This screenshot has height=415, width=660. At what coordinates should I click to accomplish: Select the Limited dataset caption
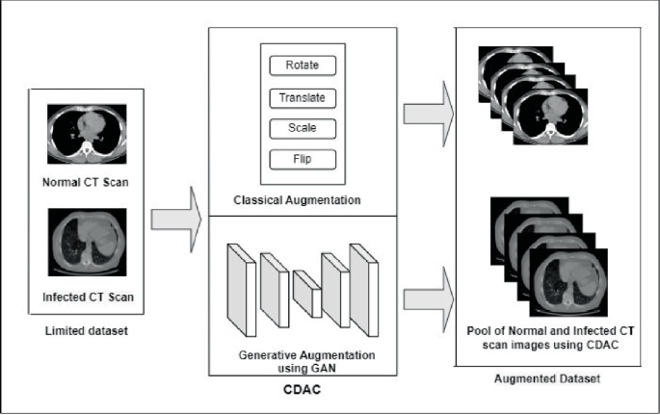[88, 332]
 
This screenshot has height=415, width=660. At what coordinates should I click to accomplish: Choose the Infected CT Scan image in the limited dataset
[88, 244]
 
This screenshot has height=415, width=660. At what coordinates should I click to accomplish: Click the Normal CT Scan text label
[88, 178]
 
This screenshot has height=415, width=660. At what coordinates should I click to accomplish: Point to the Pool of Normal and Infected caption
[548, 336]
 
